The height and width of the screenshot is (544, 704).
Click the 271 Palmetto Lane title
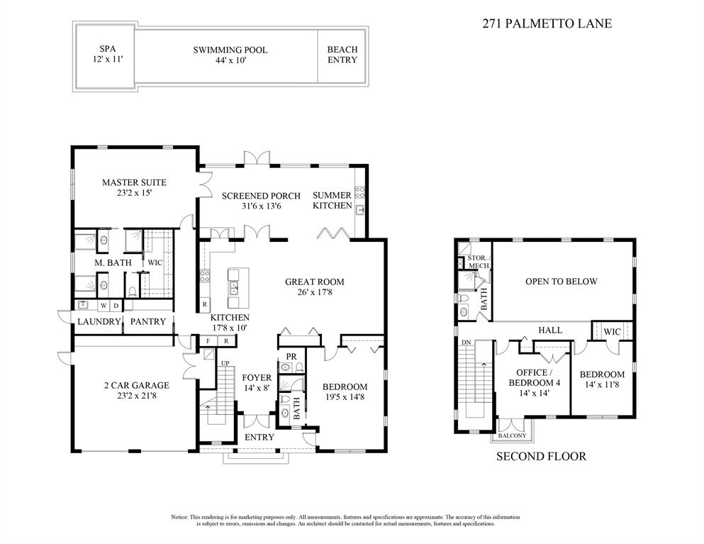tap(547, 23)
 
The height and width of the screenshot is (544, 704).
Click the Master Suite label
tap(134, 182)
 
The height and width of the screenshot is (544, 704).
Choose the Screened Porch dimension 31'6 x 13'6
tap(261, 207)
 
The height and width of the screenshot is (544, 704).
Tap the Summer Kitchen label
tap(332, 200)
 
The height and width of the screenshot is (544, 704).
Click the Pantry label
tap(148, 321)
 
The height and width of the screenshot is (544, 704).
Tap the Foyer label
tap(257, 377)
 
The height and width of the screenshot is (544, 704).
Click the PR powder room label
tap(291, 355)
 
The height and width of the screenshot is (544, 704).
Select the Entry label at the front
tap(259, 437)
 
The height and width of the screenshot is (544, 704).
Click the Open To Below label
tap(561, 282)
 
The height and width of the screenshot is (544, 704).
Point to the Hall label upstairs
tap(549, 330)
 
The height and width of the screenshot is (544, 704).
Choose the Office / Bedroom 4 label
tap(532, 377)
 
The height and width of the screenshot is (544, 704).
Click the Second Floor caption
tap(540, 456)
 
